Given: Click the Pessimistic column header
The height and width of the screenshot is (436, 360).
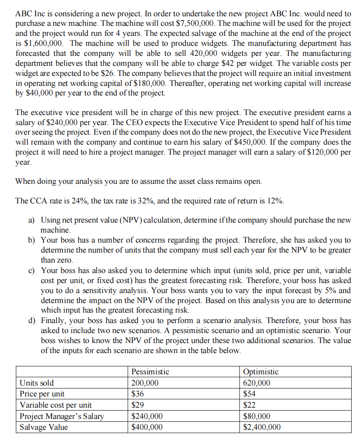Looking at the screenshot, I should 150,372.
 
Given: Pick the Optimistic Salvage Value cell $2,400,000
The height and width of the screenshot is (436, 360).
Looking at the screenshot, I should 262,427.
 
